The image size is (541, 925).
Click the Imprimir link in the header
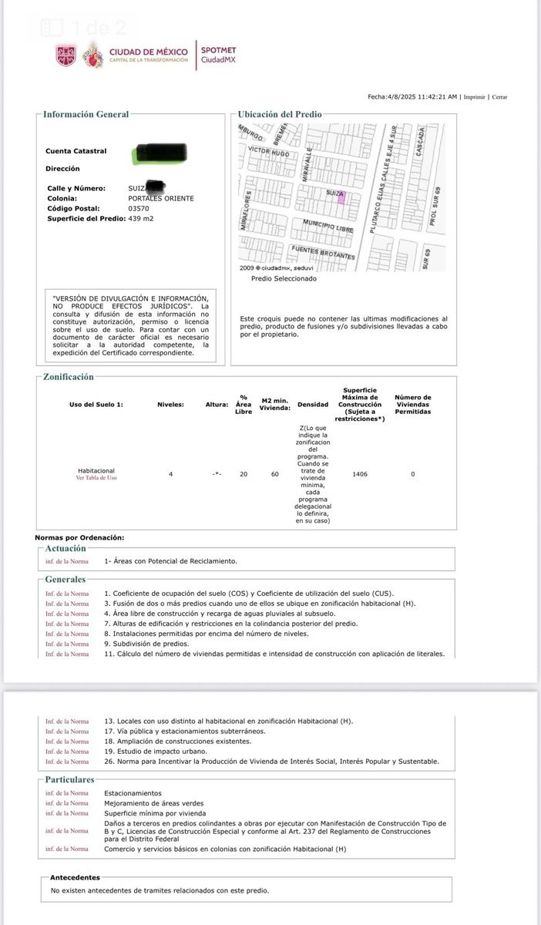[x=475, y=97]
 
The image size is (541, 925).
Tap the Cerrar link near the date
[x=500, y=97]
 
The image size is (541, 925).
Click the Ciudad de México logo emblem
[x=66, y=55]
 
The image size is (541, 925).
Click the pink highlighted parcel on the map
[x=341, y=197]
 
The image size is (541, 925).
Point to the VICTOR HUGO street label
[x=269, y=153]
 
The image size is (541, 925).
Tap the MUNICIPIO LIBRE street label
[x=328, y=226]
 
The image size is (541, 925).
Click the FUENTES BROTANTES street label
[x=323, y=252]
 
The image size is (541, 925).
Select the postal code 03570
[x=139, y=208]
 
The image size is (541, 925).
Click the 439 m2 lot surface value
[x=141, y=218]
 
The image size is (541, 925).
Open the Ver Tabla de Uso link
[x=96, y=478]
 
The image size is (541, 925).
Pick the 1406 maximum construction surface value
[x=359, y=474]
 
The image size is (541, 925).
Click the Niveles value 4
[x=170, y=474]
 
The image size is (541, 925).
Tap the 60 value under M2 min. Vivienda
[x=274, y=474]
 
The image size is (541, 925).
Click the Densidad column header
[x=312, y=404]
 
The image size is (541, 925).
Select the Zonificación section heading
[x=69, y=377]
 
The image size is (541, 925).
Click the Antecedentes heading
[x=75, y=877]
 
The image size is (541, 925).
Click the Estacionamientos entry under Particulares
[x=133, y=792]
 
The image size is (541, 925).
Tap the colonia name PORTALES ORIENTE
[x=161, y=198]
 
